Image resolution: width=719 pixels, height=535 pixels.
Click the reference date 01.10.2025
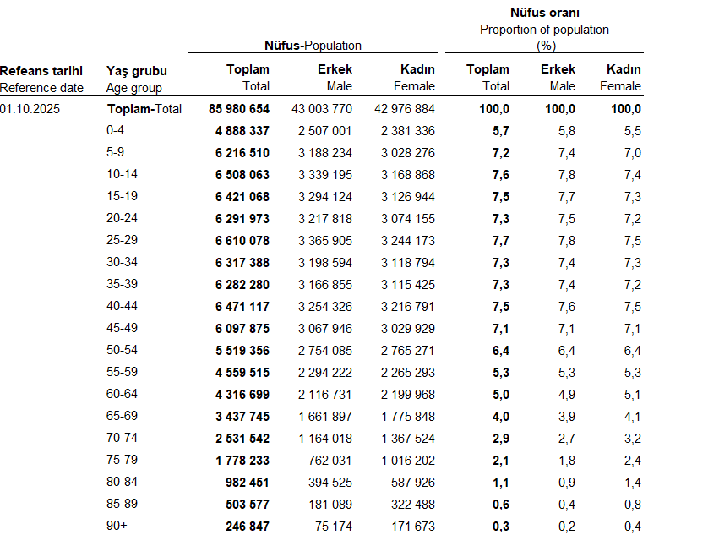point(30,108)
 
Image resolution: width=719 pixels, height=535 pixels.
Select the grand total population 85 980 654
point(239,108)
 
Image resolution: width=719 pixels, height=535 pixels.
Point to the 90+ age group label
point(117,526)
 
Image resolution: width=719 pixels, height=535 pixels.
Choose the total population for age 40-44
point(239,306)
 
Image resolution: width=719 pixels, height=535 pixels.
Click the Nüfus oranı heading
point(544,13)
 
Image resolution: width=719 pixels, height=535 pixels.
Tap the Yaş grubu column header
point(137,70)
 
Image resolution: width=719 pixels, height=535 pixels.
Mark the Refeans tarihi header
point(41,70)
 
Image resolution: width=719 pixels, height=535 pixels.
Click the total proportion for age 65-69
point(501,416)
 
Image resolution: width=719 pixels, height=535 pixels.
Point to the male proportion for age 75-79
point(566,460)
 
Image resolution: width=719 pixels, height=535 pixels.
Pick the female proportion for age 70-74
point(632,438)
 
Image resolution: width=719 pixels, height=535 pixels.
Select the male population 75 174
point(330,526)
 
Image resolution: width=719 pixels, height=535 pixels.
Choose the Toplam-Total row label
point(144,108)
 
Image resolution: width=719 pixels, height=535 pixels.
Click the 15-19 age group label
point(122,196)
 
